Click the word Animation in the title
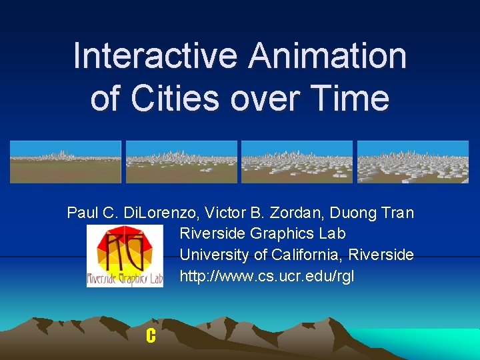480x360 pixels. pos(327,55)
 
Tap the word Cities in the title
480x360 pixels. pos(175,98)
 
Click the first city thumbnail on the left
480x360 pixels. pos(65,162)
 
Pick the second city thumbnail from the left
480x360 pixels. pos(181,162)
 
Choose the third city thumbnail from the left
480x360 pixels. pos(297,162)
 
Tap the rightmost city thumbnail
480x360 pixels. pos(413,162)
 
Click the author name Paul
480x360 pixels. pos(83,213)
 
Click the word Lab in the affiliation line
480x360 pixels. pos(331,234)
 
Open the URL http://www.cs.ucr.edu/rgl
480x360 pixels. pos(267,275)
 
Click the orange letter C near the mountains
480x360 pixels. pos(151,337)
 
